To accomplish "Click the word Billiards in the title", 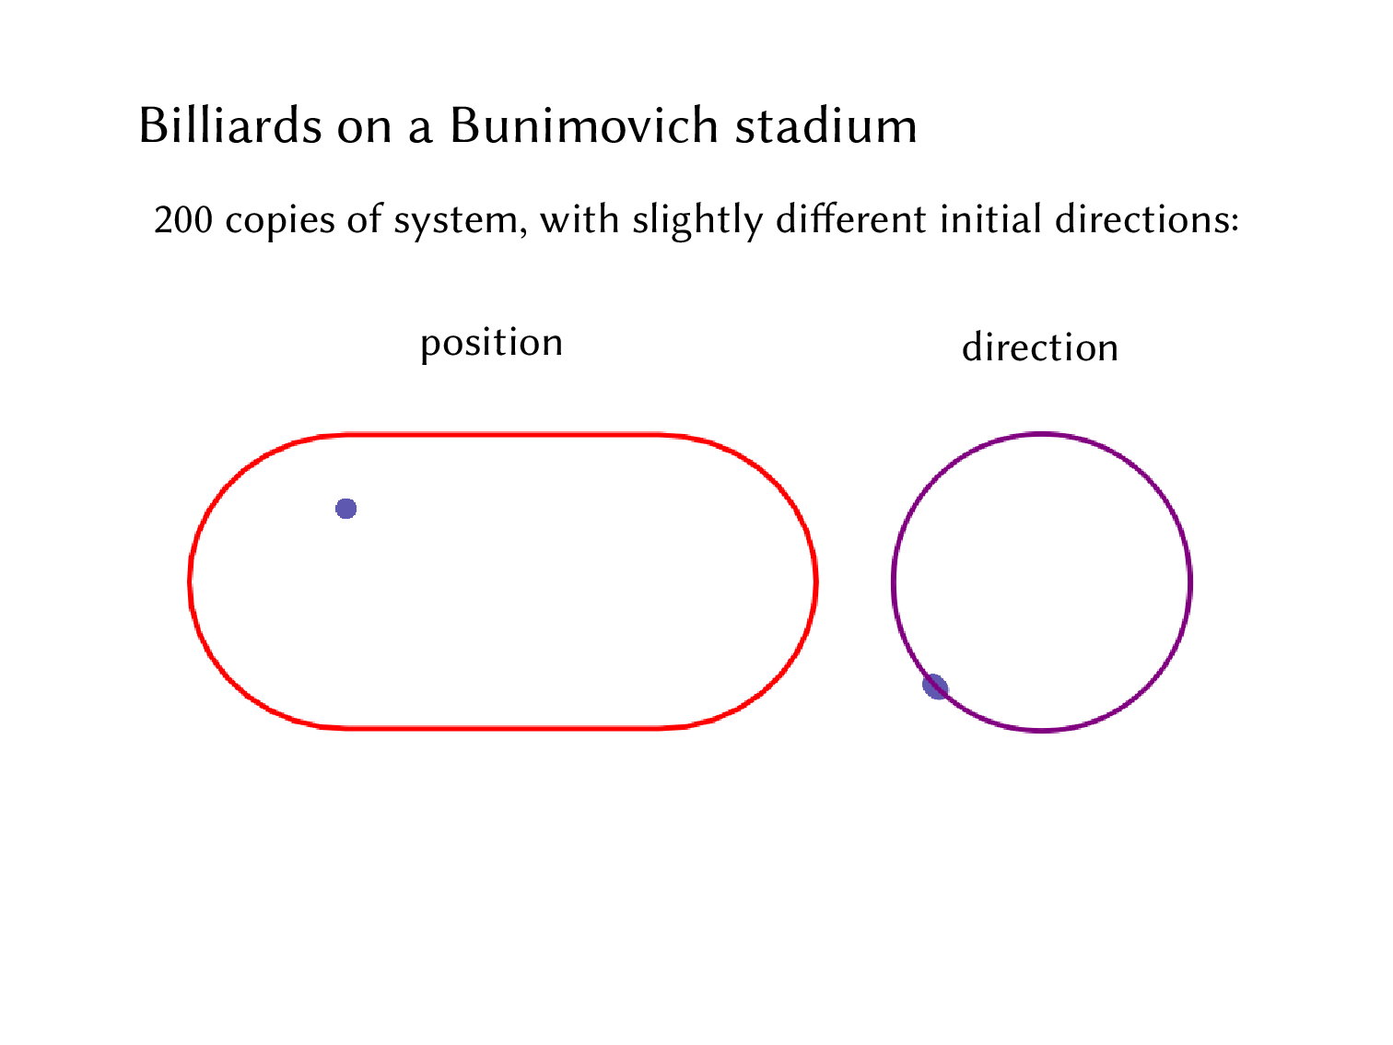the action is (230, 125).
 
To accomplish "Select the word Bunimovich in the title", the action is (583, 125).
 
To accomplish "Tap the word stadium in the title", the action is (825, 125).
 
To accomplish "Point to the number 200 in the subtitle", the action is (183, 220).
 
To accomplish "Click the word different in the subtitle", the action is (851, 219).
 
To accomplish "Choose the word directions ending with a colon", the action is (1146, 219).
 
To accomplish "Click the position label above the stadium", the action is (491, 344).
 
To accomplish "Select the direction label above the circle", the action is (1040, 347).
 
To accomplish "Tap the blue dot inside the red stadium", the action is (346, 509).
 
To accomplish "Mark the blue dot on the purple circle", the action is (935, 687).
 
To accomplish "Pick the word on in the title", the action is (364, 127).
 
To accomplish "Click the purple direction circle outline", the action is (1190, 582).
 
